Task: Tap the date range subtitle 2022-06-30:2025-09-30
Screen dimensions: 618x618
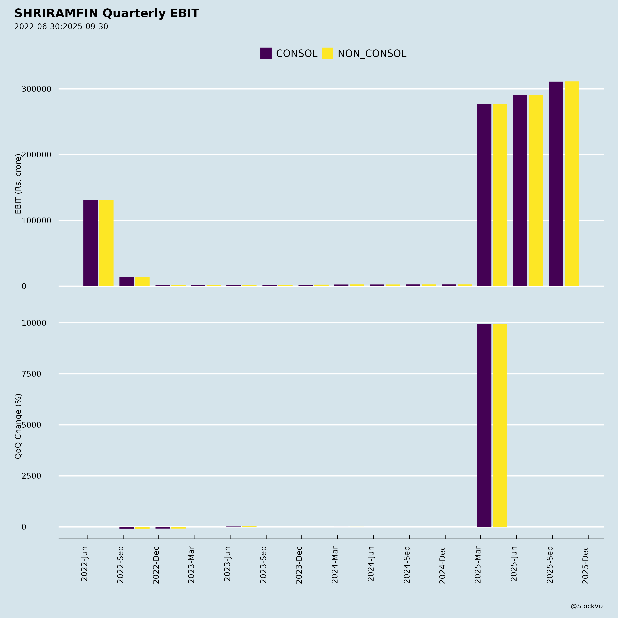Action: click(x=61, y=27)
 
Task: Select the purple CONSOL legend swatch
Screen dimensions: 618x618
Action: click(x=266, y=53)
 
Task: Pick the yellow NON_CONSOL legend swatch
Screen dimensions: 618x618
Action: click(x=327, y=53)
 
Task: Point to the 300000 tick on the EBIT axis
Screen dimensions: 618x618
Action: click(x=36, y=89)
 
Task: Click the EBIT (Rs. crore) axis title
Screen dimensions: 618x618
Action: click(x=18, y=184)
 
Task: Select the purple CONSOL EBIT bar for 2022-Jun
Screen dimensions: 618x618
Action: click(x=90, y=243)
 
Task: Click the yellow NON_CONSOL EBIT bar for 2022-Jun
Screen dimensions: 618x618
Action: click(x=106, y=243)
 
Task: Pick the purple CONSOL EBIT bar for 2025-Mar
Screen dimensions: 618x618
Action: click(x=484, y=195)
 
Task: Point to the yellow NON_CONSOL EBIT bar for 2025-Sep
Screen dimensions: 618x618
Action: click(x=572, y=184)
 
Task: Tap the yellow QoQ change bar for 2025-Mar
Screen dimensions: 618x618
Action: click(x=500, y=425)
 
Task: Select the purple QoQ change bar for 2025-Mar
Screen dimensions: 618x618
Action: click(x=484, y=425)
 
